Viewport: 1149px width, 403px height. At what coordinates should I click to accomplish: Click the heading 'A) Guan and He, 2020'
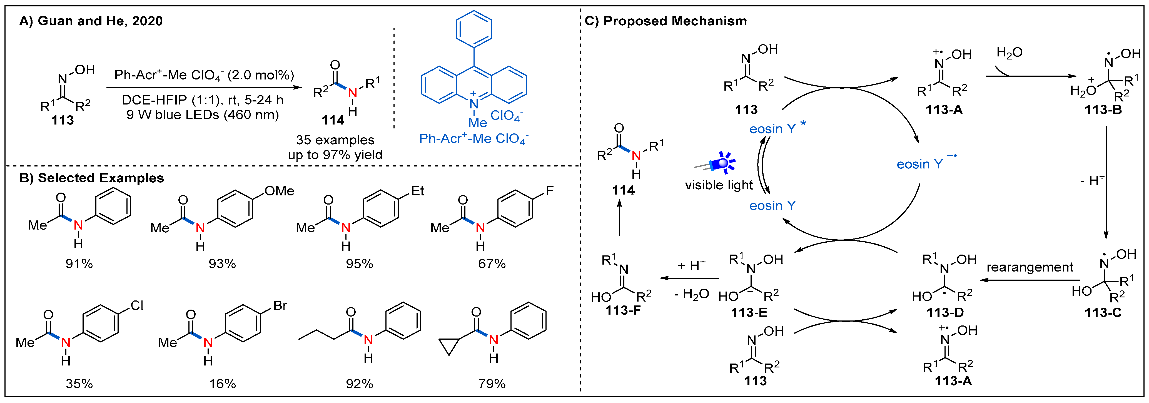click(x=91, y=21)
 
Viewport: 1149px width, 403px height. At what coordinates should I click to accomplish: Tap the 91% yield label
click(x=79, y=264)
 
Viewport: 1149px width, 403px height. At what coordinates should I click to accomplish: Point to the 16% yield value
click(x=222, y=384)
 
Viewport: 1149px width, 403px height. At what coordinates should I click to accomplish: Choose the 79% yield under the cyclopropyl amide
click(x=492, y=384)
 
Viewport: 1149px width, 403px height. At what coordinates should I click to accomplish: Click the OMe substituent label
click(x=279, y=191)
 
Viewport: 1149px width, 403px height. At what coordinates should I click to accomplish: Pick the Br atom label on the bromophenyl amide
click(x=280, y=306)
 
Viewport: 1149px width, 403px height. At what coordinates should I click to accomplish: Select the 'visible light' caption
click(x=719, y=185)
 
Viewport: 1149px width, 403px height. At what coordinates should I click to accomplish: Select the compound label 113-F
click(x=623, y=310)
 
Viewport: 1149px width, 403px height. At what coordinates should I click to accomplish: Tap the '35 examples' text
click(x=335, y=140)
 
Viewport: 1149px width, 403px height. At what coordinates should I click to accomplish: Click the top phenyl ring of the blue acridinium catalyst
click(x=474, y=29)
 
